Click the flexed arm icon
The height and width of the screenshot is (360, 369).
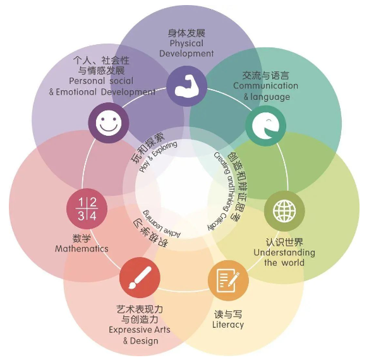coord(187,86)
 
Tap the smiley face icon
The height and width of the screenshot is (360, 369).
coord(109,123)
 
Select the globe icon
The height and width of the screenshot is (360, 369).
coord(284,211)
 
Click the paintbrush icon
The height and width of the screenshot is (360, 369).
coord(140,277)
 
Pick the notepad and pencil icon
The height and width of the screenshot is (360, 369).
coord(228,280)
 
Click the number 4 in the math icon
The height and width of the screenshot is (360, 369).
coord(93,216)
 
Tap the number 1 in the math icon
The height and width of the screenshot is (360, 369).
coord(81,202)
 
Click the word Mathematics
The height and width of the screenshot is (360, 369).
coord(82,249)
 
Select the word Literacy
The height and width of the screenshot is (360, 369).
coord(228,325)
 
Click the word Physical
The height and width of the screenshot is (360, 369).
coord(186,44)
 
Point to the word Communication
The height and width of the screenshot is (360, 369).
coord(265,86)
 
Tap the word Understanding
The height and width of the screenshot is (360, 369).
coord(284,253)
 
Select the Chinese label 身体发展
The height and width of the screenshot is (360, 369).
coord(186,33)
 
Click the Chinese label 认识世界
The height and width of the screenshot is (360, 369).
coord(284,242)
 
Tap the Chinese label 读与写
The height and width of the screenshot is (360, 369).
coord(228,315)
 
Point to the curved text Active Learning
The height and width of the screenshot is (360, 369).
coord(161,225)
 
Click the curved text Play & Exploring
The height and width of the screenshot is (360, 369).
coord(158,155)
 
